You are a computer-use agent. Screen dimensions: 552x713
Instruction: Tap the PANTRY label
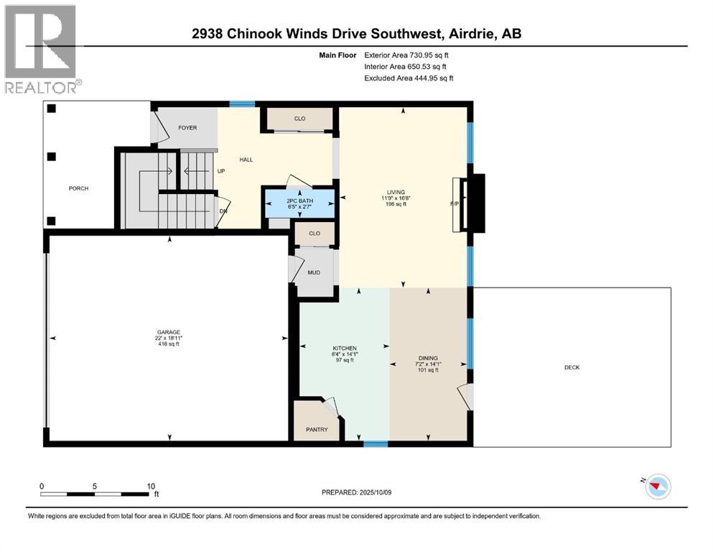(x=317, y=430)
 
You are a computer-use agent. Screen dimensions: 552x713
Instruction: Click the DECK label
(x=572, y=367)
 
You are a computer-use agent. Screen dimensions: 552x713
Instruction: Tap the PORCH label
(x=78, y=189)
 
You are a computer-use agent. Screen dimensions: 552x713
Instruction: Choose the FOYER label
(x=187, y=128)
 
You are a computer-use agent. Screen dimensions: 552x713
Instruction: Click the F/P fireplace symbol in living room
(x=455, y=204)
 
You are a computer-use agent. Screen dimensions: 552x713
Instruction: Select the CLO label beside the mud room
(x=314, y=234)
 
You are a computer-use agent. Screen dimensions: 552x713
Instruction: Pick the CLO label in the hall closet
(x=299, y=119)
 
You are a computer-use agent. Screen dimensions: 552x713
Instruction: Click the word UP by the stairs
(x=221, y=172)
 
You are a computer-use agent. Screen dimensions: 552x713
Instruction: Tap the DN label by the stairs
(x=222, y=212)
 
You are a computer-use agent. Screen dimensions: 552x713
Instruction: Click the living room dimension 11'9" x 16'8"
(x=399, y=198)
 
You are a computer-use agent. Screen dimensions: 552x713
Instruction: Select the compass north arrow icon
(x=655, y=487)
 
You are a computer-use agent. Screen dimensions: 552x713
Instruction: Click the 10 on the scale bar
(x=151, y=486)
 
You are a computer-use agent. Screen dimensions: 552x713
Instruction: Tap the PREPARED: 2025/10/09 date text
(x=356, y=492)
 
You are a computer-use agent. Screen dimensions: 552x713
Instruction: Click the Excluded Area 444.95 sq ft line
(x=409, y=78)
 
